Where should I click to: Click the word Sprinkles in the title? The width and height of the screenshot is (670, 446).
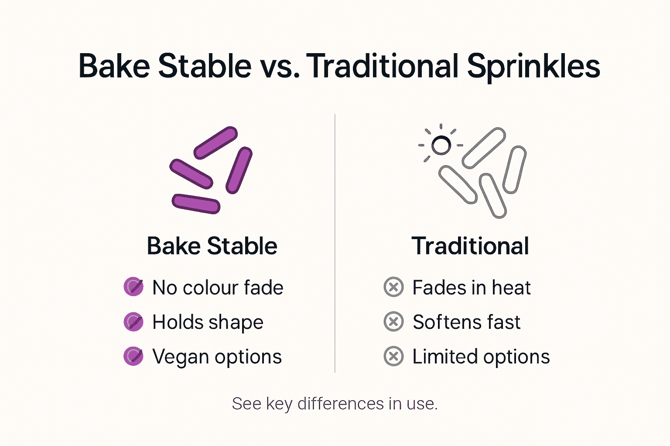point(533,67)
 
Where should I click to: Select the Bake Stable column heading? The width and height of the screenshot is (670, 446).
point(212,246)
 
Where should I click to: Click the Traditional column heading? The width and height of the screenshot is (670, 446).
point(470,246)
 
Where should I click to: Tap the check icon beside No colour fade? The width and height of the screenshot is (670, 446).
point(133,287)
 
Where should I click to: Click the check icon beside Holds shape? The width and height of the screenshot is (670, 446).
point(133,322)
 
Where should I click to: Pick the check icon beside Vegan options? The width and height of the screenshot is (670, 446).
point(133,356)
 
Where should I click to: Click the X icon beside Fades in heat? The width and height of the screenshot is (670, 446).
point(393,287)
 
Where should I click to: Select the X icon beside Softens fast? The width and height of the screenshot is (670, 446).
point(393,322)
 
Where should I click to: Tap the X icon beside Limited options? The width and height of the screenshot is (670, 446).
point(393,356)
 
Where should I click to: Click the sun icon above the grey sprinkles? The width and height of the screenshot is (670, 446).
point(441,145)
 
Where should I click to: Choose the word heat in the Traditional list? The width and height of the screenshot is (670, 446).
point(511,288)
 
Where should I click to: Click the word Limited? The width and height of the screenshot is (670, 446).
point(444,357)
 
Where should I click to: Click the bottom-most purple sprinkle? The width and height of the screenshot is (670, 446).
point(196,204)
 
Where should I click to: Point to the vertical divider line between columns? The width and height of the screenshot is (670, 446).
point(335,244)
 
